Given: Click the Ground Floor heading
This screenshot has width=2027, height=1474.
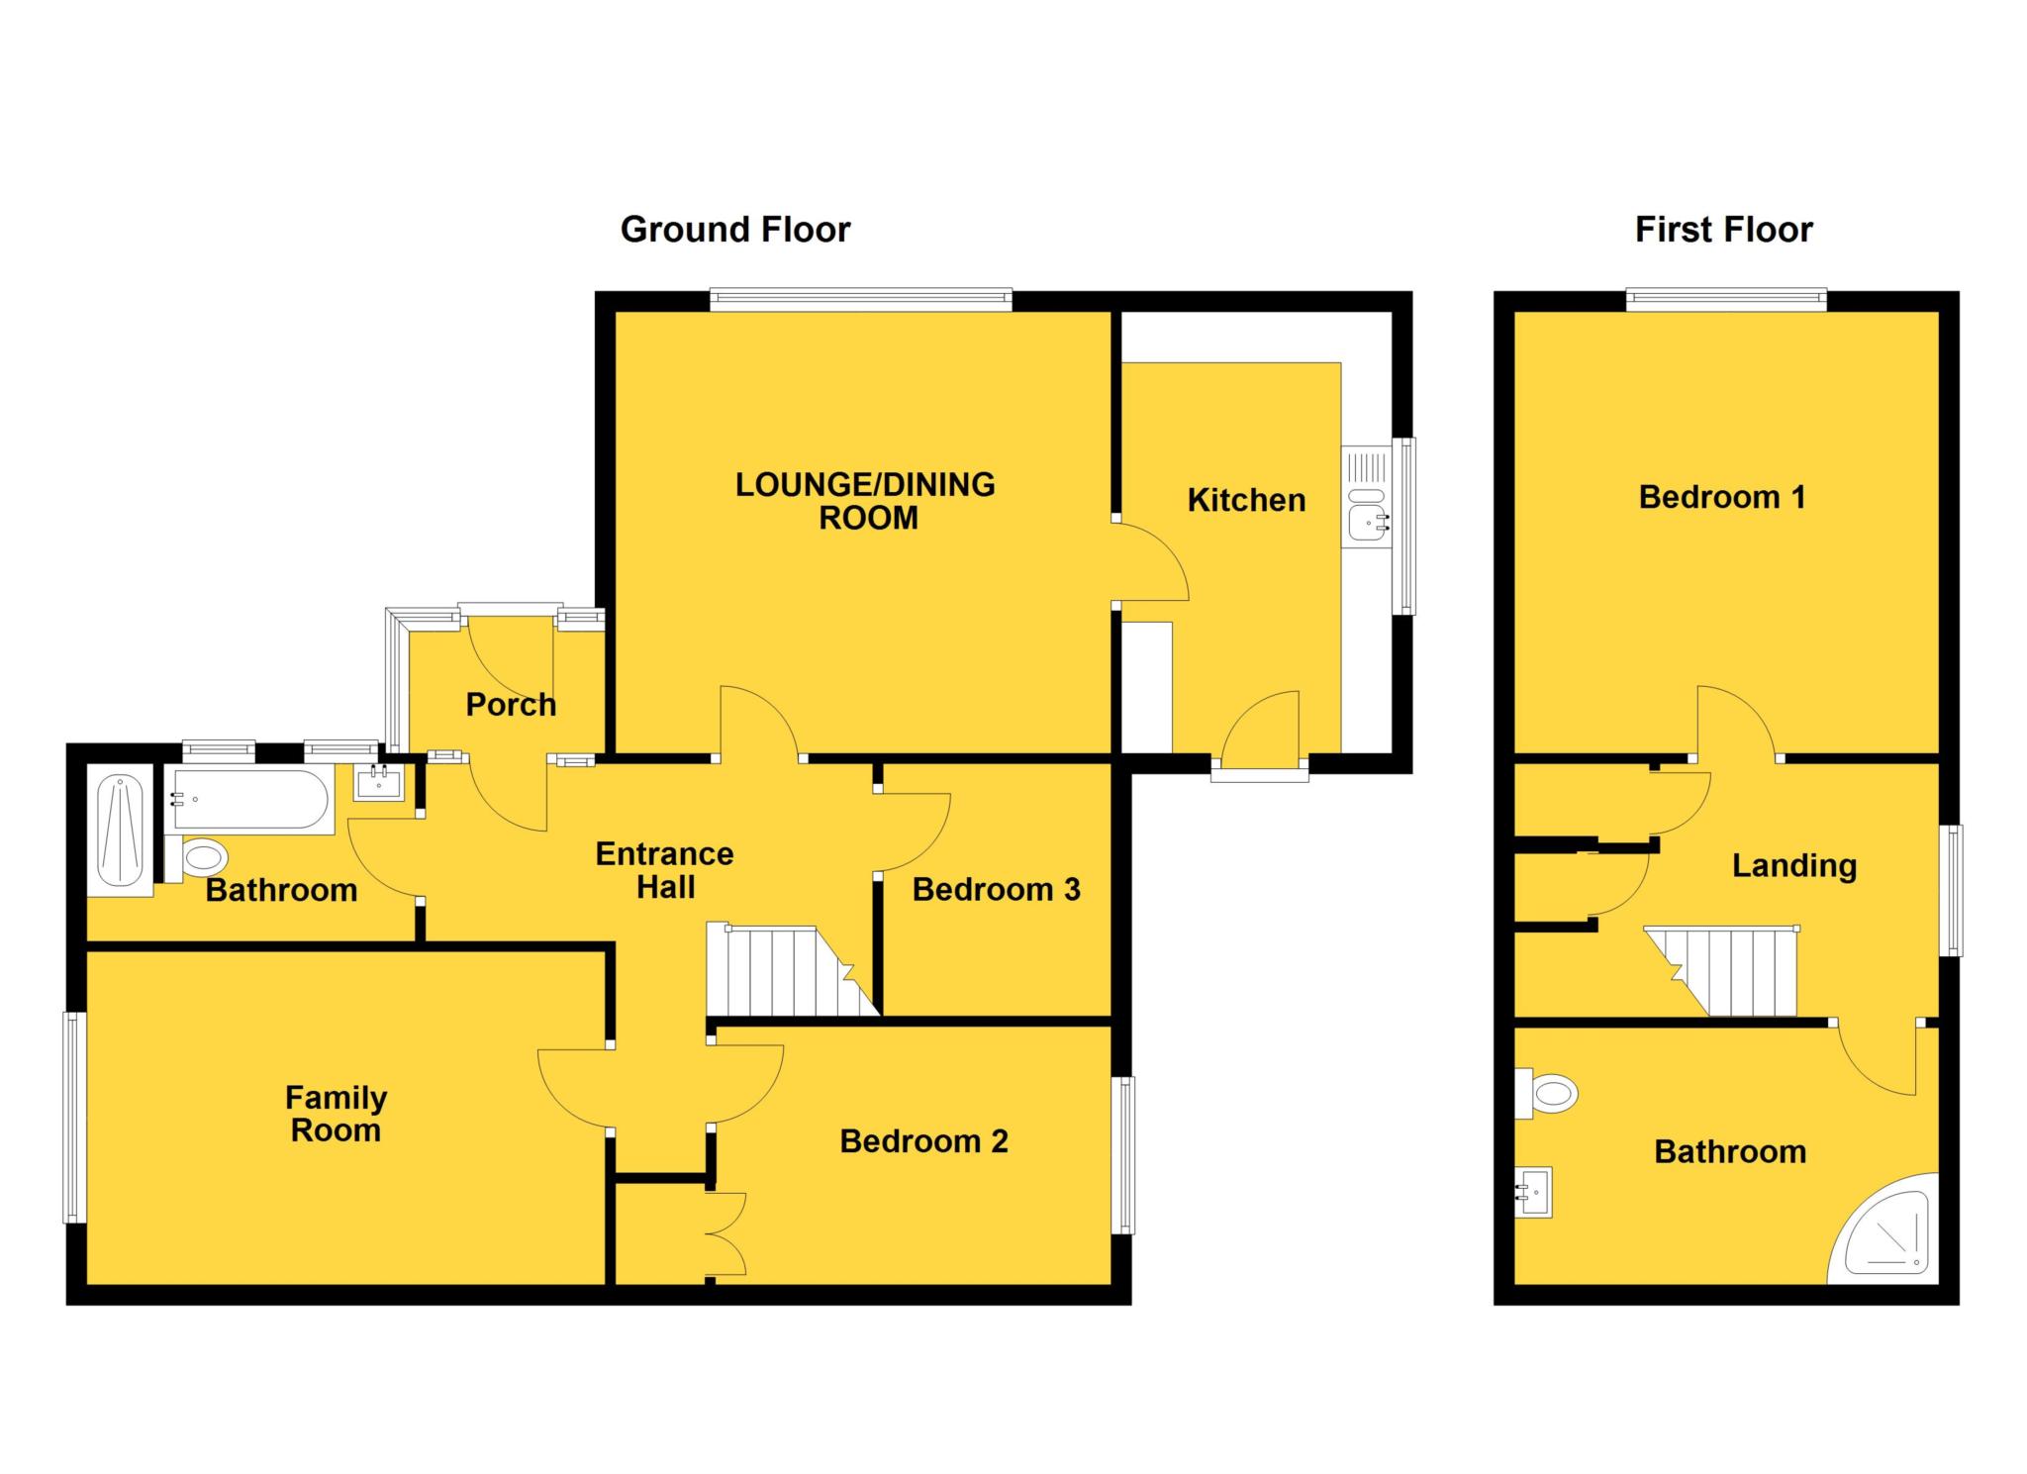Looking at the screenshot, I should coord(734,230).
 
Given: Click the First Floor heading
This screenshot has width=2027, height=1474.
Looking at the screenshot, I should coord(1723,230).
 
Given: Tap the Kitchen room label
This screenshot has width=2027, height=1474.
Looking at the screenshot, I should coord(1245,500).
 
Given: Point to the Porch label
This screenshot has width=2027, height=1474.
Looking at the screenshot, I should coord(511,705).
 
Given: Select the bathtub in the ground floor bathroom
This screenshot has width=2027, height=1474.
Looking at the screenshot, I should coord(249,798).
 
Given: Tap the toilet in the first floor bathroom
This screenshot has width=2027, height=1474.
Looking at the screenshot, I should coord(1550,1094).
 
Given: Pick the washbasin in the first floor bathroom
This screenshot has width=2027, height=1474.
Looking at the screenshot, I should coord(1533,1192).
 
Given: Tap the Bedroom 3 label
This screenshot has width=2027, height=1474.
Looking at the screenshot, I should coord(995,889).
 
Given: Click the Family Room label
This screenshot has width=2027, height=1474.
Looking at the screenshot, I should coord(336,1114).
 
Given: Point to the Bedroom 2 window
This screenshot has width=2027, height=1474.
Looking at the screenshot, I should coord(1123,1154).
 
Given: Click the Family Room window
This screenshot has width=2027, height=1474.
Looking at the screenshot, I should coord(74,1117).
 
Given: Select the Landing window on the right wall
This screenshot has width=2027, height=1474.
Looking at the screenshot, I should coord(1951,890).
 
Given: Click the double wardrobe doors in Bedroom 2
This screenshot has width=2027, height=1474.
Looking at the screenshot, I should coord(726,1233).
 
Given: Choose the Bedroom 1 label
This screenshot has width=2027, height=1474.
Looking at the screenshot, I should coord(1721,497).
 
